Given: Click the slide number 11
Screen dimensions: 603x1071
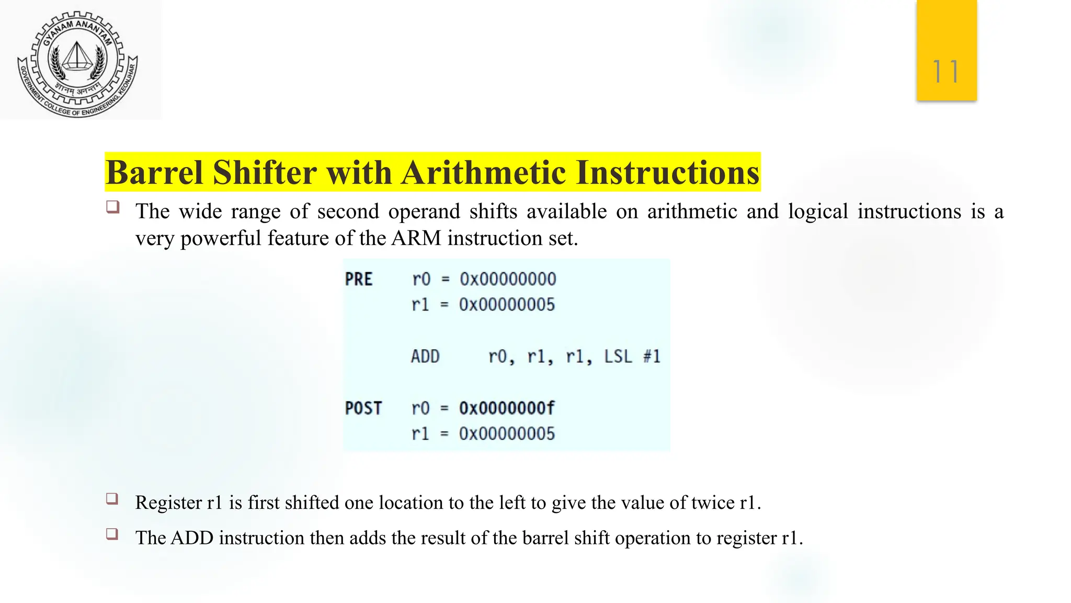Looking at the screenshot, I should pos(946,72).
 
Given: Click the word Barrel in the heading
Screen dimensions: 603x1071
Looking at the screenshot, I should pos(154,173).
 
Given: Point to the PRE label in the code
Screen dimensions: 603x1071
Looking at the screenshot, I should pos(359,280).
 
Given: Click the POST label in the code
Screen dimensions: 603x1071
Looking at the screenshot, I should pos(363,408).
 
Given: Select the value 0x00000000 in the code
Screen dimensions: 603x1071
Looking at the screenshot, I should pos(508,280).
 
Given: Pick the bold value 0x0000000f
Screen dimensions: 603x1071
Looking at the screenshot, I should pos(507,408).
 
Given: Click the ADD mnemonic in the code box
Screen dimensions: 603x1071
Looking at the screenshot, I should pos(425,357).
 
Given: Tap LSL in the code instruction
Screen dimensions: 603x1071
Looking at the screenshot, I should pos(618,357).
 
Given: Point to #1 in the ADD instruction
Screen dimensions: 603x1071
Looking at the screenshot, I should pos(652,357).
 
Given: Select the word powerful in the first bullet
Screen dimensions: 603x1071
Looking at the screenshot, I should pos(221,239).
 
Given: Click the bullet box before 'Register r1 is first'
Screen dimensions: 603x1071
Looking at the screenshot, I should pos(112,498).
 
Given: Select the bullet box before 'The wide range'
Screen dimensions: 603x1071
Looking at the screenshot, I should pos(112,207).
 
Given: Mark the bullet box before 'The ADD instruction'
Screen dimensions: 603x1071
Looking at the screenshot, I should pos(112,534).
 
